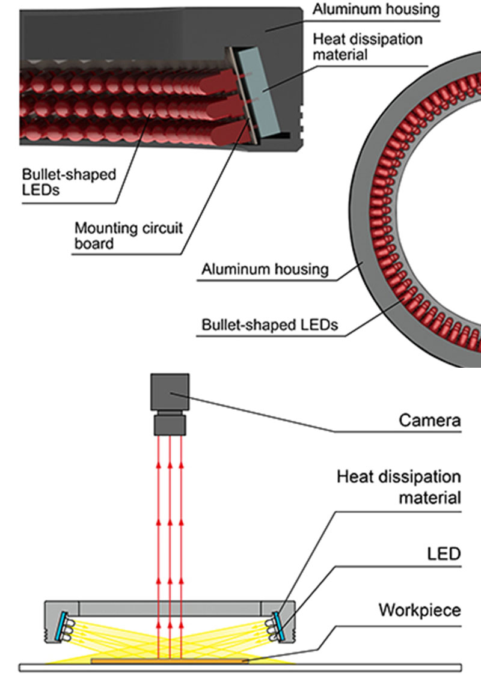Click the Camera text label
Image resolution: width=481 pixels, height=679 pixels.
coord(430,420)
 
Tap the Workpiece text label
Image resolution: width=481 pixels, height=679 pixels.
coord(419,610)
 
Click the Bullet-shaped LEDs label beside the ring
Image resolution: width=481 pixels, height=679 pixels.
coord(269,326)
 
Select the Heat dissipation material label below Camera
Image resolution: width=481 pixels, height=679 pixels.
coord(399,487)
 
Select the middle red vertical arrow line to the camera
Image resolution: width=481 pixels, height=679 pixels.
coord(170,541)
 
